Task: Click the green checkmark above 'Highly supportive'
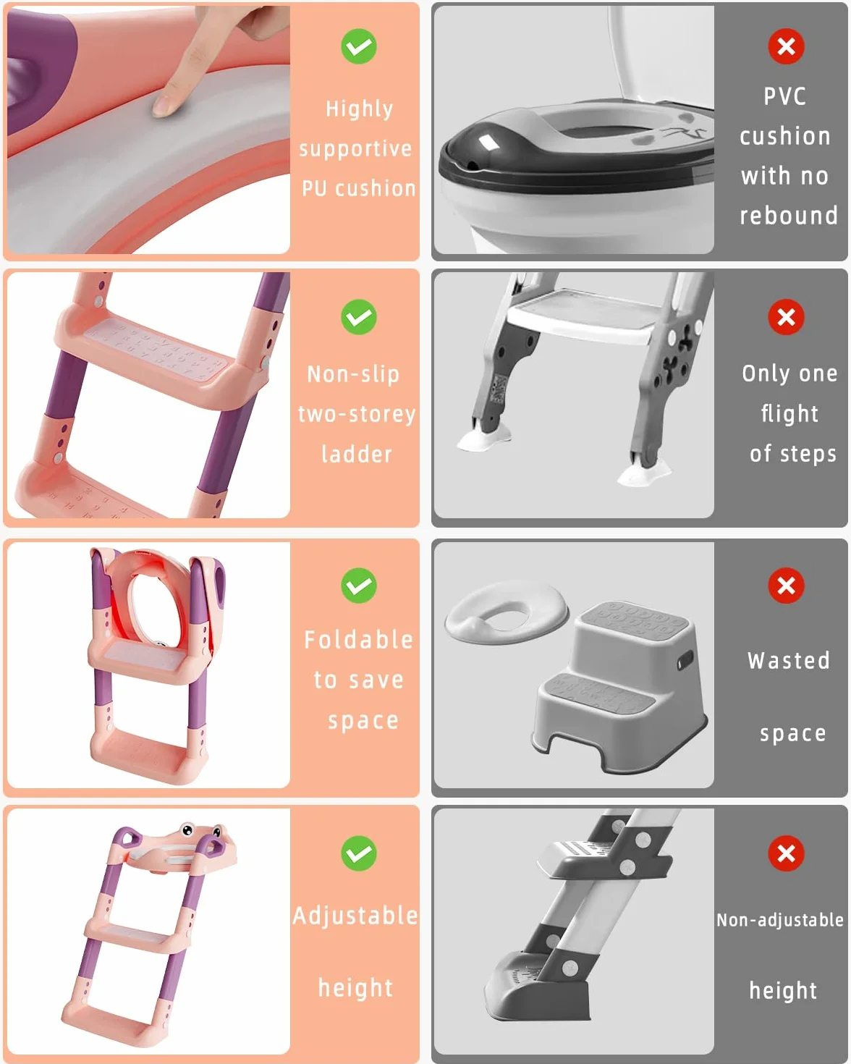[358, 46]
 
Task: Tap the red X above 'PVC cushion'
[786, 46]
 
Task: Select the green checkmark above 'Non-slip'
[358, 317]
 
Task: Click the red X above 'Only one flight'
[786, 317]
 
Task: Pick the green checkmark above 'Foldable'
[358, 586]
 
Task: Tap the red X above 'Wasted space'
[786, 586]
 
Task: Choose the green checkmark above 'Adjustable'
[358, 853]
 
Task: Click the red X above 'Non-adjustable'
[786, 853]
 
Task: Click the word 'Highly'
[360, 109]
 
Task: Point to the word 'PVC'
[784, 96]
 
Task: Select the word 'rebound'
[789, 216]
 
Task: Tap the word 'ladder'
[357, 454]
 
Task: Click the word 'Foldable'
[358, 640]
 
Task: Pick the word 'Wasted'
[789, 661]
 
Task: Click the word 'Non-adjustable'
[780, 920]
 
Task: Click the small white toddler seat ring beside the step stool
[507, 612]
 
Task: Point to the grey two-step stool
[621, 687]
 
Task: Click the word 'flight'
[789, 414]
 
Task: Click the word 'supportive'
[355, 149]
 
